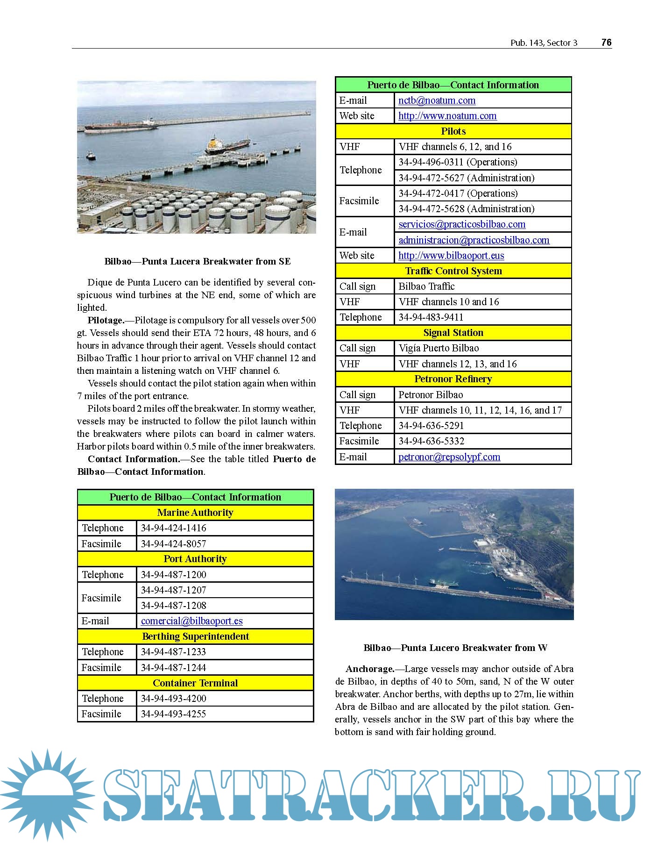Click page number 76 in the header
click(x=606, y=43)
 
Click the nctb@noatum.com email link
click(x=437, y=100)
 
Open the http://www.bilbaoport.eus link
click(x=451, y=256)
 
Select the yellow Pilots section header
click(x=453, y=131)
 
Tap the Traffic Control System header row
click(x=453, y=271)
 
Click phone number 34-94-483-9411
click(x=431, y=317)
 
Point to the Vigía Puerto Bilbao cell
click(x=439, y=348)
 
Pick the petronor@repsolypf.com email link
click(x=449, y=457)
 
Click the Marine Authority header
click(x=195, y=513)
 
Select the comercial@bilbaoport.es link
click(x=191, y=621)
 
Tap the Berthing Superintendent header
click(x=195, y=636)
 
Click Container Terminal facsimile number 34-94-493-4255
click(x=173, y=714)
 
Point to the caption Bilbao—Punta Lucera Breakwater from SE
click(x=197, y=262)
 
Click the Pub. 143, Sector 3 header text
click(x=544, y=43)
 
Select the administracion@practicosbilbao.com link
click(x=474, y=240)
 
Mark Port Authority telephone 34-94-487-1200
click(x=173, y=575)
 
